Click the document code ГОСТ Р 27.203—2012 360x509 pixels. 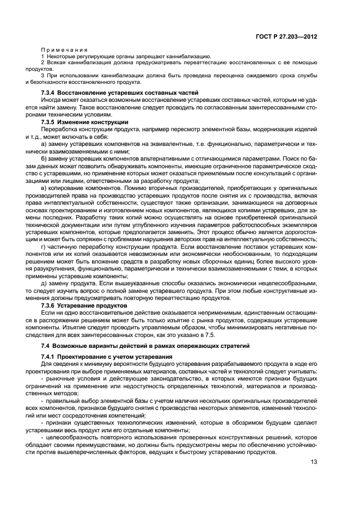[287, 36]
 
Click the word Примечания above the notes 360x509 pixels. [58, 50]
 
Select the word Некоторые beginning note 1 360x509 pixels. [59, 57]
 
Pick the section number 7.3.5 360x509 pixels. [50, 122]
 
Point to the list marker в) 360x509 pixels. [44, 188]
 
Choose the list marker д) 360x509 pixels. [44, 283]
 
